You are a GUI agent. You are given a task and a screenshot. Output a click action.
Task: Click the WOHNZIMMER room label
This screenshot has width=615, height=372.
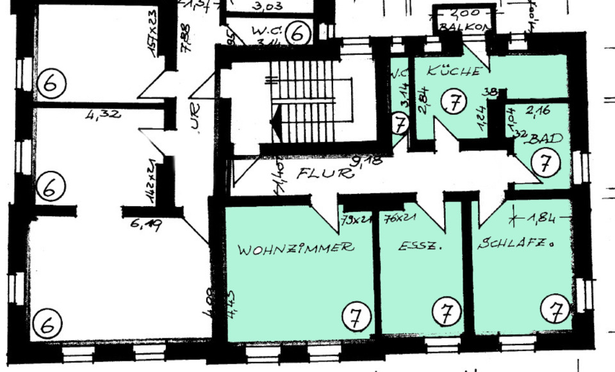click(x=295, y=248)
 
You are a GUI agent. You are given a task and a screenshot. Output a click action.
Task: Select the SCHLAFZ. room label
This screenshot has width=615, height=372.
click(x=515, y=244)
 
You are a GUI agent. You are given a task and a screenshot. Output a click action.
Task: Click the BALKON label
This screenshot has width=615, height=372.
click(x=464, y=28)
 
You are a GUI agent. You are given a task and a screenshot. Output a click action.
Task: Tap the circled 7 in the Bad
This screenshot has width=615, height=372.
click(x=545, y=163)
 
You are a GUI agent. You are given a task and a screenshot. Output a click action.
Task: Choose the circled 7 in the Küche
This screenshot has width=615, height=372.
click(x=454, y=102)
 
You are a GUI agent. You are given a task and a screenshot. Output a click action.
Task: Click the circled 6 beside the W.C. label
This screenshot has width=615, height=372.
click(x=297, y=33)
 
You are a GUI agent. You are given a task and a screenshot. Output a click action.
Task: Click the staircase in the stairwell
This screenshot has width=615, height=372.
click(x=301, y=102)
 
